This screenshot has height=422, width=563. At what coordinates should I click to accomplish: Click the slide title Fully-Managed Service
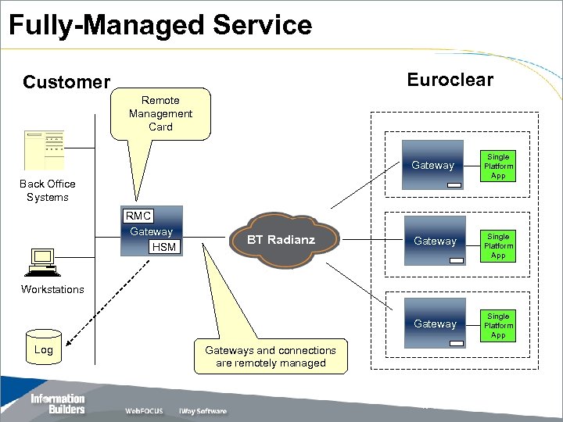click(x=160, y=25)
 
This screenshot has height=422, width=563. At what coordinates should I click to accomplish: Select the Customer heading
click(x=66, y=82)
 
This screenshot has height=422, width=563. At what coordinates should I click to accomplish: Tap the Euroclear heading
click(x=450, y=80)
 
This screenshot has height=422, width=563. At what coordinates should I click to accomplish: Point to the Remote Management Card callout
click(x=161, y=113)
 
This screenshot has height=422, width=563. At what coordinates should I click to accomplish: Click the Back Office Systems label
click(x=48, y=191)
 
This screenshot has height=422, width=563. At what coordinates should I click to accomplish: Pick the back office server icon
click(x=44, y=149)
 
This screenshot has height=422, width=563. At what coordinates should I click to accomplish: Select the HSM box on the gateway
click(x=163, y=247)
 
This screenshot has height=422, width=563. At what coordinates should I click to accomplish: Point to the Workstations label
click(x=52, y=289)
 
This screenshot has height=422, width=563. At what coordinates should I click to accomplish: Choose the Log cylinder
click(x=44, y=349)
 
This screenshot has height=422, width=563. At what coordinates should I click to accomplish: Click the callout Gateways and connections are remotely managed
click(x=271, y=356)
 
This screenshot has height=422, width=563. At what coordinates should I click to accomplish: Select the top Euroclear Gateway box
click(x=432, y=165)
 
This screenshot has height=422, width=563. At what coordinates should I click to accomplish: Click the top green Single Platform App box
click(x=498, y=166)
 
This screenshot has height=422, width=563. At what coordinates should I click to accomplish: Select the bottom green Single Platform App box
click(x=498, y=326)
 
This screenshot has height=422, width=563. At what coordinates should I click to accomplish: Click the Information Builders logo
click(x=57, y=404)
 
